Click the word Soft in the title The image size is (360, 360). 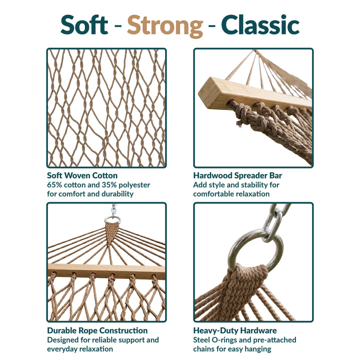tap(84, 24)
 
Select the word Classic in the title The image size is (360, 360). tap(260, 24)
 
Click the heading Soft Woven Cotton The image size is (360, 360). tap(82, 175)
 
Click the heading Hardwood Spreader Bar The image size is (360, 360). tap(237, 175)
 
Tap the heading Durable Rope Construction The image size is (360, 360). tap(97, 330)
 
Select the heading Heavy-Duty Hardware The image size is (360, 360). tap(235, 330)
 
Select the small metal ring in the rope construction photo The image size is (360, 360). tap(112, 219)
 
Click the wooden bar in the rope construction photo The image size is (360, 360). tap(106, 271)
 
